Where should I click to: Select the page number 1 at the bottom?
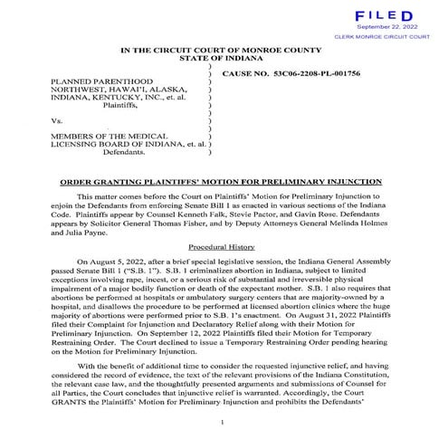click(222, 422)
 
